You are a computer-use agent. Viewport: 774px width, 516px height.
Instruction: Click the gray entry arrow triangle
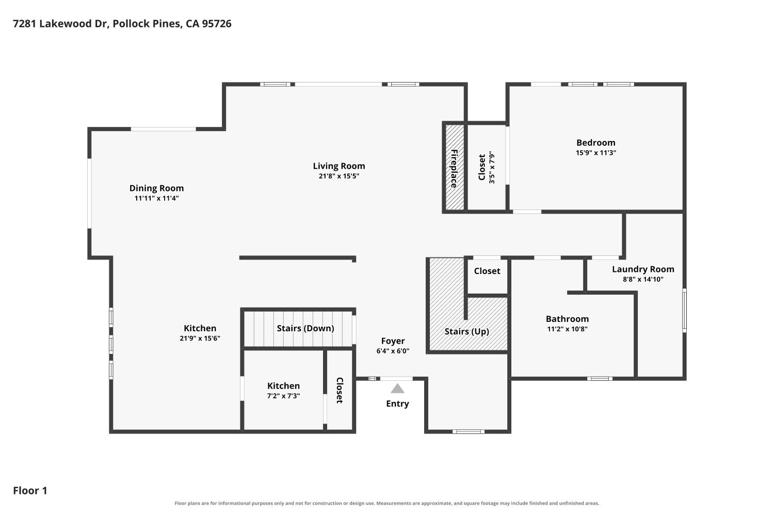point(397,389)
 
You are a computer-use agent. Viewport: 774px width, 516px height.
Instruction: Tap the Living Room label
point(339,166)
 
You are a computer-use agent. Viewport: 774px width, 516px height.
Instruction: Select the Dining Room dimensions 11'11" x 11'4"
point(156,198)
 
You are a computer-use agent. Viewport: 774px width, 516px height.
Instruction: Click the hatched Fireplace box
point(455,167)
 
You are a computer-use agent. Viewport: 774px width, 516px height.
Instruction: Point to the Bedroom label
point(595,143)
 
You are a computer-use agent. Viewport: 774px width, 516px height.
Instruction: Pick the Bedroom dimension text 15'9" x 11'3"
point(595,153)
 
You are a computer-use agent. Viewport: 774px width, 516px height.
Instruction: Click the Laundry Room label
point(643,269)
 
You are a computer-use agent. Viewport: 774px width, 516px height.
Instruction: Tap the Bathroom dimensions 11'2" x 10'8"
point(568,329)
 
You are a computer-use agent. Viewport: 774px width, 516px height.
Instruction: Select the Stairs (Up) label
point(466,331)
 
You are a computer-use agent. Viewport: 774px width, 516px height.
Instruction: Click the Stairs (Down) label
point(305,328)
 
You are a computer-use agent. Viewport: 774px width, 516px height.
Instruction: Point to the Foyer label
point(393,341)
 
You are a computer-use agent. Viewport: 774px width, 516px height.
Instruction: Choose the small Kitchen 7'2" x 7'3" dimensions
point(283,396)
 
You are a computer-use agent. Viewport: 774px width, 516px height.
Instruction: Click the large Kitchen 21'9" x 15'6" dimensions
point(200,338)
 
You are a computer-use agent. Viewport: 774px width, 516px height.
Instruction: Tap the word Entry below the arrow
point(397,404)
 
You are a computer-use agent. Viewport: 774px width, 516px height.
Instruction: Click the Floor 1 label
point(30,490)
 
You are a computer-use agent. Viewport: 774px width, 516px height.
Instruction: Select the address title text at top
point(122,24)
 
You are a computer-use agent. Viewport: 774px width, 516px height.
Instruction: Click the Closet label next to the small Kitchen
point(340,391)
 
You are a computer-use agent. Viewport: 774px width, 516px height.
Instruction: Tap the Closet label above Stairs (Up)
point(487,271)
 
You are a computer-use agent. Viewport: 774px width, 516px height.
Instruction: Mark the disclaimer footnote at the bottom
point(386,503)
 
